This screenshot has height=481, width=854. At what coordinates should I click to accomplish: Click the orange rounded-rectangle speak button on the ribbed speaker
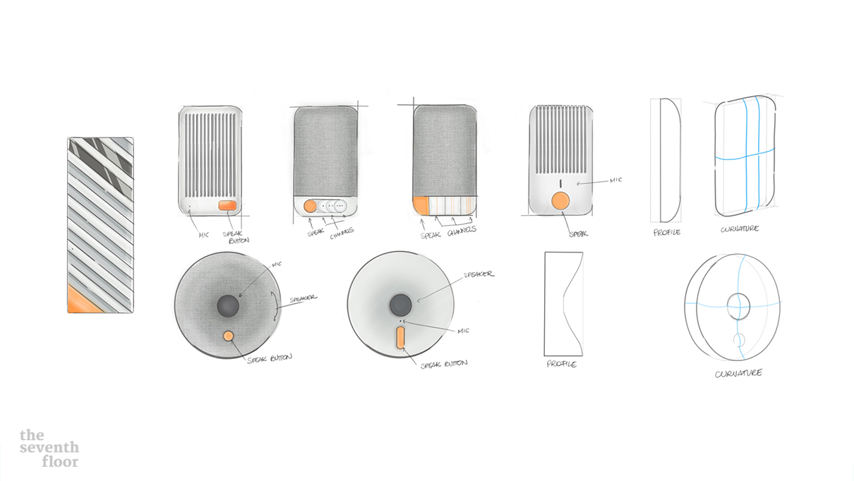click(x=227, y=206)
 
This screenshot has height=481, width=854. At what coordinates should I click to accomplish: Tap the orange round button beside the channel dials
click(x=310, y=206)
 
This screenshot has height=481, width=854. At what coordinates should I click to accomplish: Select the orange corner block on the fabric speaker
click(x=421, y=206)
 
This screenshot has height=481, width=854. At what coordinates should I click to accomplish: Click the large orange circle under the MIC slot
click(x=560, y=200)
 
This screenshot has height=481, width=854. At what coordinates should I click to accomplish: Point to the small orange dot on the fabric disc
click(x=228, y=336)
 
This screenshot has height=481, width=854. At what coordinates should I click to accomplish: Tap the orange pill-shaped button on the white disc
click(x=400, y=338)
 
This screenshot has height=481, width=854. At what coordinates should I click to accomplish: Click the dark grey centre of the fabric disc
click(x=228, y=305)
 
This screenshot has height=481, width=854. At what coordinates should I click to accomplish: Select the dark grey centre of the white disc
click(x=401, y=305)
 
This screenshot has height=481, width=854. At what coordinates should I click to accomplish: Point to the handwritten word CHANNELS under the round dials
click(x=342, y=233)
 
